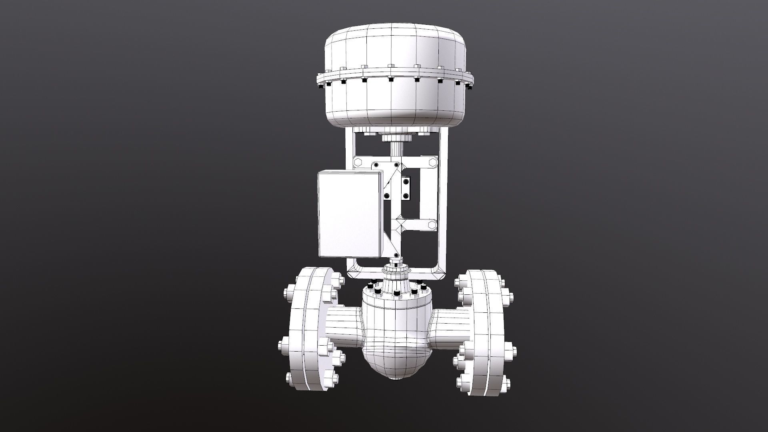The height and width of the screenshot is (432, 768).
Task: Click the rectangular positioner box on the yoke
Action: point(349,214)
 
